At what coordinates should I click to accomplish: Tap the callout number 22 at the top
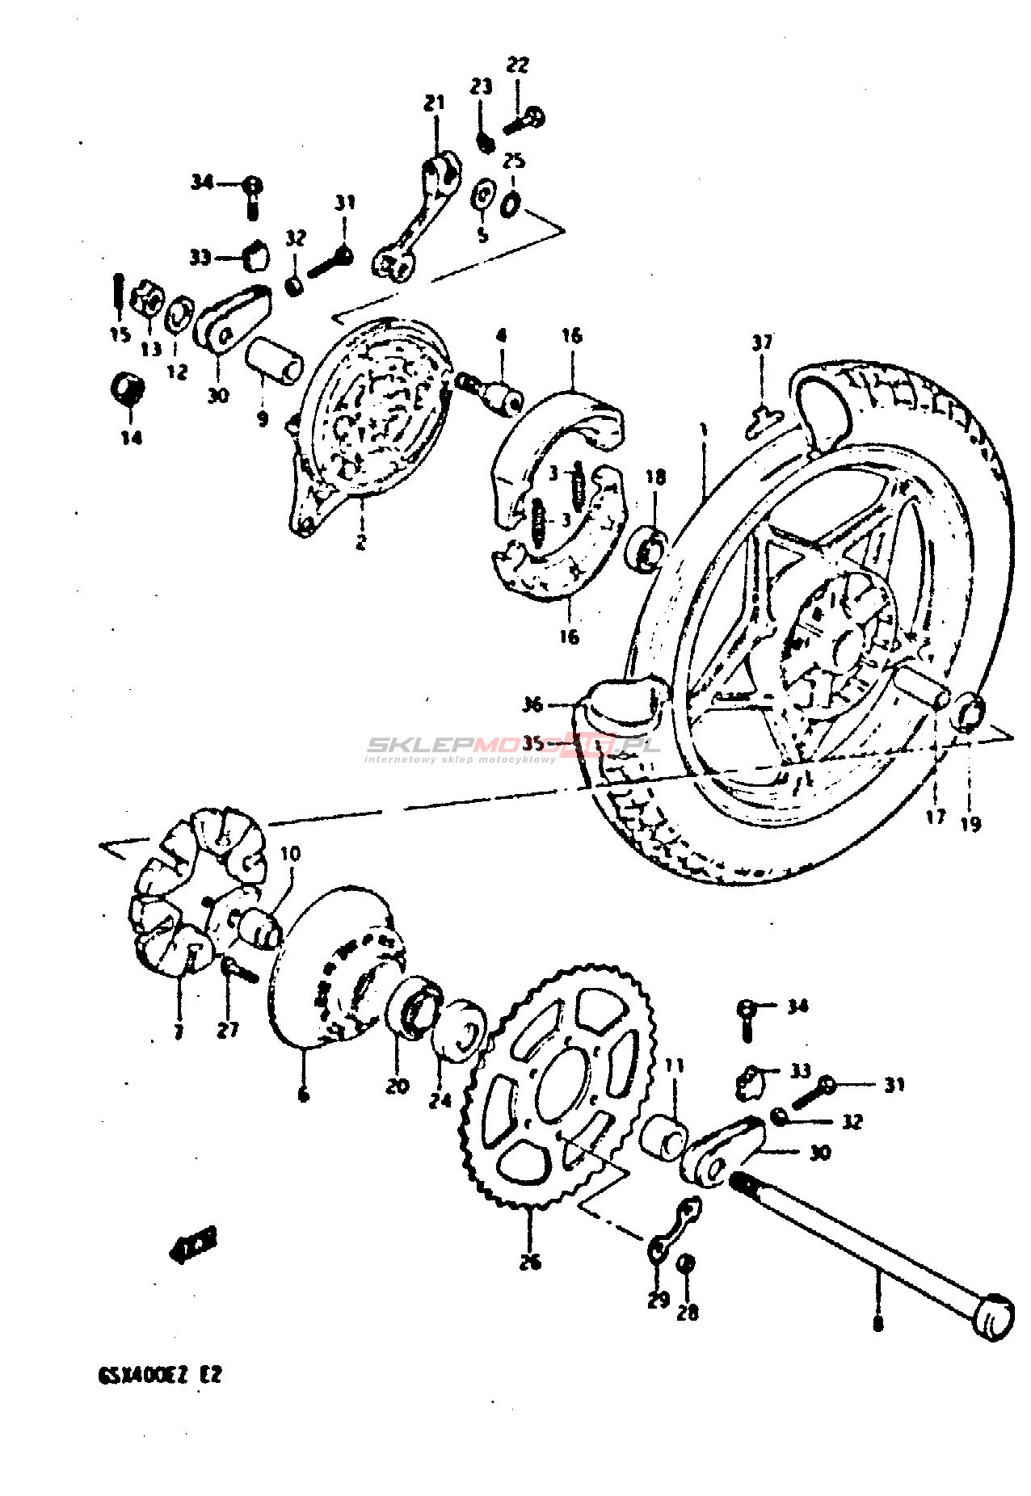click(x=517, y=65)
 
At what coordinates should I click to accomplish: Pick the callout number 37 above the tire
click(x=762, y=342)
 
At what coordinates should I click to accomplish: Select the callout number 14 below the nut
click(x=132, y=437)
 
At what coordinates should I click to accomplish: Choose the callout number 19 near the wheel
click(x=970, y=823)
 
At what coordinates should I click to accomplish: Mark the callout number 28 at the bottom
click(x=687, y=1313)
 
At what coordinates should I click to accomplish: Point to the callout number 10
click(x=290, y=854)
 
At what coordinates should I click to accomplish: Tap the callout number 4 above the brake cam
click(x=502, y=335)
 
